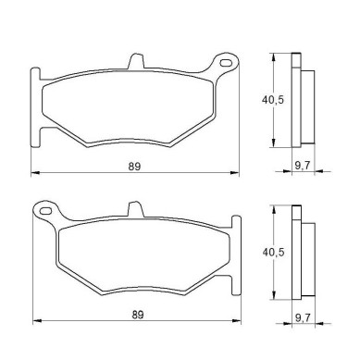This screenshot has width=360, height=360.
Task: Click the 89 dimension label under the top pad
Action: (134, 167)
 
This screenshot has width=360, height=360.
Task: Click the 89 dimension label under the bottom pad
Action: (138, 315)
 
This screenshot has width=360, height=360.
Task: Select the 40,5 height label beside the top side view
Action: (273, 100)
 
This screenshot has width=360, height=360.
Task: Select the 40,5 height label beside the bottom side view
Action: (273, 253)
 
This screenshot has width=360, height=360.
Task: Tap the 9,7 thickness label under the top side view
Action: (303, 166)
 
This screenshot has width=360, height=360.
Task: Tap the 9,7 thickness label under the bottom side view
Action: (303, 317)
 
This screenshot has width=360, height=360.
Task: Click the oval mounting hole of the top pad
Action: (226, 63)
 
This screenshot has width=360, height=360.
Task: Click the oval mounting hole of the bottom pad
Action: (45, 211)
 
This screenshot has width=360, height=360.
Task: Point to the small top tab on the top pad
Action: (136, 61)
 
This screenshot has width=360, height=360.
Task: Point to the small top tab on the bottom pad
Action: (136, 209)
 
